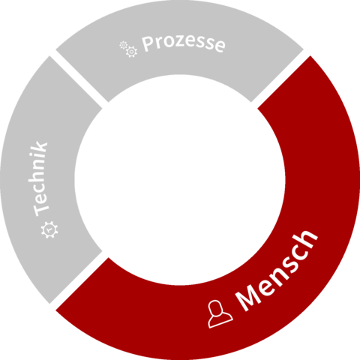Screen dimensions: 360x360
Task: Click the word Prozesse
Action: [x=184, y=43]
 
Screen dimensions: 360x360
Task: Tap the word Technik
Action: [x=40, y=178]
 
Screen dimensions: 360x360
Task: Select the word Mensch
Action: [x=276, y=271]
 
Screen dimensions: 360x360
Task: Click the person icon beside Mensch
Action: [x=220, y=313]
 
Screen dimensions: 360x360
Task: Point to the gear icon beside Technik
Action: [x=49, y=229]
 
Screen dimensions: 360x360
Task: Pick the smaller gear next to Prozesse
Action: [x=123, y=45]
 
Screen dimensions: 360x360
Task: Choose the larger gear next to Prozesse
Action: [x=131, y=52]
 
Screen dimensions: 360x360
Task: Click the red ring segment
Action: [x=300, y=250]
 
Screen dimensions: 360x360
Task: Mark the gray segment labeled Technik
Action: [x=37, y=179]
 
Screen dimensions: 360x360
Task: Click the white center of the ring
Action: [x=180, y=180]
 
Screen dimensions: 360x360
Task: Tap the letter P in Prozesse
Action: [x=148, y=44]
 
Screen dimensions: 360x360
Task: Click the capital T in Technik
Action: [x=41, y=208]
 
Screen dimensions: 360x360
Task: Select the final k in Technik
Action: [x=39, y=147]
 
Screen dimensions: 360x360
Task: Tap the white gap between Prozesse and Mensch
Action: [x=282, y=78]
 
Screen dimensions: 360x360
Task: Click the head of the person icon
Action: [x=215, y=307]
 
